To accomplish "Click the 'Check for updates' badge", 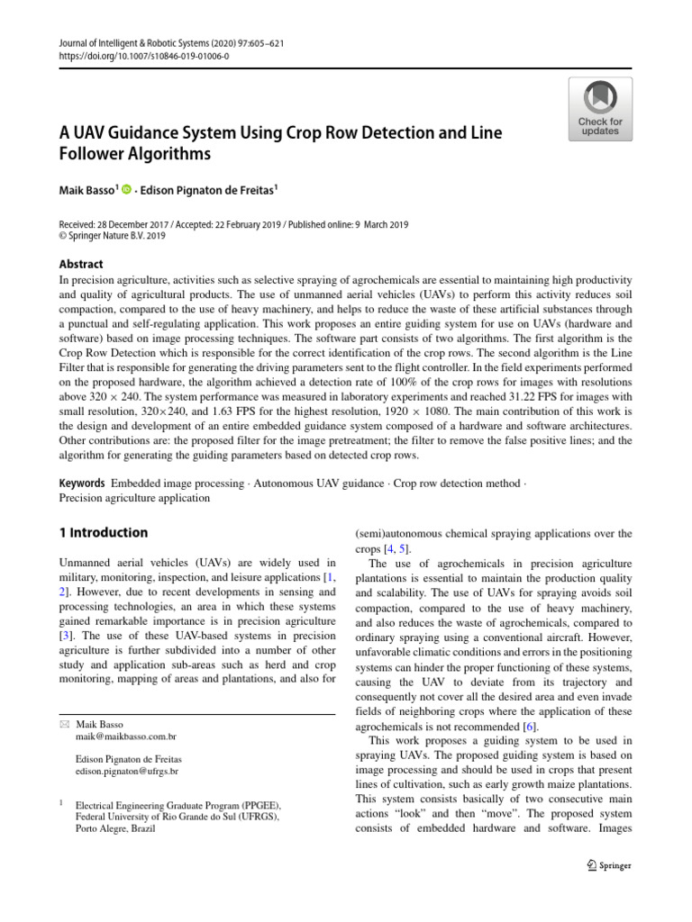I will (599, 109).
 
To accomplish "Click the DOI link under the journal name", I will (145, 55).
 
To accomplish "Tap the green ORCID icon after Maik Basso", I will (126, 189).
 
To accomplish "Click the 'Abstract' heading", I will (81, 264).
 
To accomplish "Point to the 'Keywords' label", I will (82, 484).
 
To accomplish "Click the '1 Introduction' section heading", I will (104, 532).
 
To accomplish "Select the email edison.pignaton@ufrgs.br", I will (127, 772).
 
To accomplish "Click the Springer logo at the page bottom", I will (608, 865).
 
